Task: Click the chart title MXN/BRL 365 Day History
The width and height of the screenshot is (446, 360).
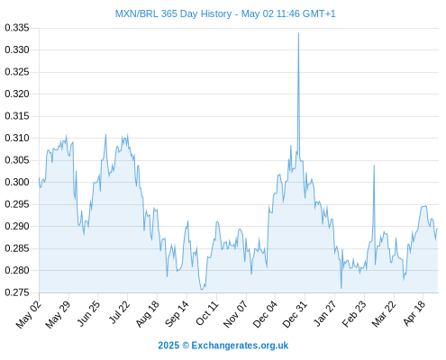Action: (174, 13)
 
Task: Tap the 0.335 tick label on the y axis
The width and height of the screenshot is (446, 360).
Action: (17, 28)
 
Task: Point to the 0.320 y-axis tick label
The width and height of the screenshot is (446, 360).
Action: (17, 94)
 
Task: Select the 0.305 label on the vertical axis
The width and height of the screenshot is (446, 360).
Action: (17, 160)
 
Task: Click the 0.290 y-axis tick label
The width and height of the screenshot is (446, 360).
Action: (17, 226)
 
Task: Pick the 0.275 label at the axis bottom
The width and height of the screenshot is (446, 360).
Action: (17, 292)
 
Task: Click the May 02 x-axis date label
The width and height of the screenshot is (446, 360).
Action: (29, 314)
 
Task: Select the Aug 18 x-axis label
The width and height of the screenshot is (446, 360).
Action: (147, 314)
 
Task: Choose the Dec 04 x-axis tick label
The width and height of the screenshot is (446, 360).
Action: (265, 314)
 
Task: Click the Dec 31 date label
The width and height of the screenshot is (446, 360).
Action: (295, 314)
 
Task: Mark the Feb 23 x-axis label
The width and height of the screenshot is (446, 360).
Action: (354, 314)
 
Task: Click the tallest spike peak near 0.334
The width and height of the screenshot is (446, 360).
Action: (298, 33)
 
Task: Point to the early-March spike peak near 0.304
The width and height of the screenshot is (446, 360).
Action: (374, 166)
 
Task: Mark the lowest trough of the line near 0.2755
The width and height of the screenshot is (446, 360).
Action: (202, 290)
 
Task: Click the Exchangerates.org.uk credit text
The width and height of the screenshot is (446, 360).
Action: (240, 346)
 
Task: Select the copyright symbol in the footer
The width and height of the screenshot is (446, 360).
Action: (186, 346)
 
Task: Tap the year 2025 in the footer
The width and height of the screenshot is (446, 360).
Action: (168, 346)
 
